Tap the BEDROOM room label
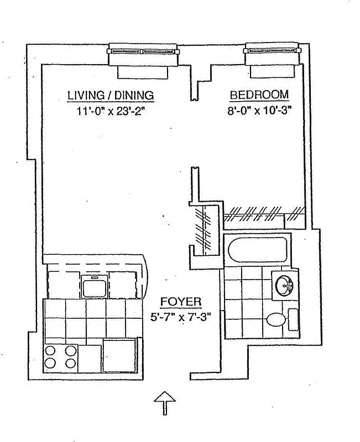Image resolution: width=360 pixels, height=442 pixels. point(259,95)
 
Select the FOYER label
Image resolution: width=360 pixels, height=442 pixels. point(181,302)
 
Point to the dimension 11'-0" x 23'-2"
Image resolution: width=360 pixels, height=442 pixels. point(115,110)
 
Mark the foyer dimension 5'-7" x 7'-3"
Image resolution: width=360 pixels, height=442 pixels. point(181,318)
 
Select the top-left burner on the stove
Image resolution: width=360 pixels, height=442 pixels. point(50,350)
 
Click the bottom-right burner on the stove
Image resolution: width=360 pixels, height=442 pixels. point(71,363)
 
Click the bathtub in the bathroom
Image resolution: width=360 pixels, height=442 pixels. point(257,249)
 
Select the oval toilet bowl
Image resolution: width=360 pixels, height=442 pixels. point(275,320)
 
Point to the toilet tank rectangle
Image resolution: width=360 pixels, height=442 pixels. point(293,320)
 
